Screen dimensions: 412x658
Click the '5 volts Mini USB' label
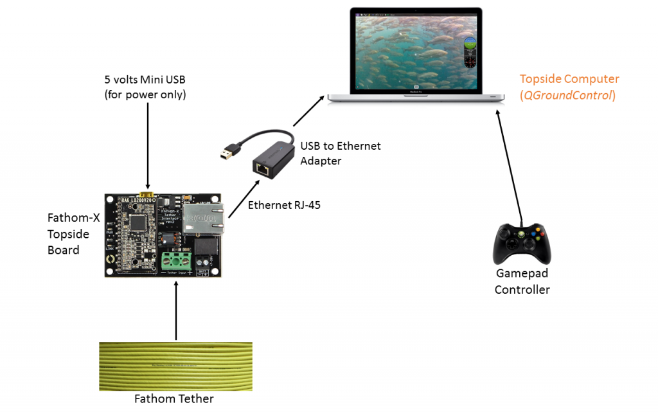click(x=148, y=80)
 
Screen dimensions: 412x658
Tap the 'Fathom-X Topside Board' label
click(x=74, y=234)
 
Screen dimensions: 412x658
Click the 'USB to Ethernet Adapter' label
click(x=341, y=153)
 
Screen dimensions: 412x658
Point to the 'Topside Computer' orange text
click(x=569, y=79)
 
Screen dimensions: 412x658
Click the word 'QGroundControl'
click(x=569, y=95)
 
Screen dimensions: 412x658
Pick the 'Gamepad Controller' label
click(x=522, y=282)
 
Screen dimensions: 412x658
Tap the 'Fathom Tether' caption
click(x=173, y=399)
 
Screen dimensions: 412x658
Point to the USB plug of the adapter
click(x=228, y=152)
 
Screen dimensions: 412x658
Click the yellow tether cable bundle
click(x=175, y=366)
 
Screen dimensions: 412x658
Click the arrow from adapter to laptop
click(x=308, y=109)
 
